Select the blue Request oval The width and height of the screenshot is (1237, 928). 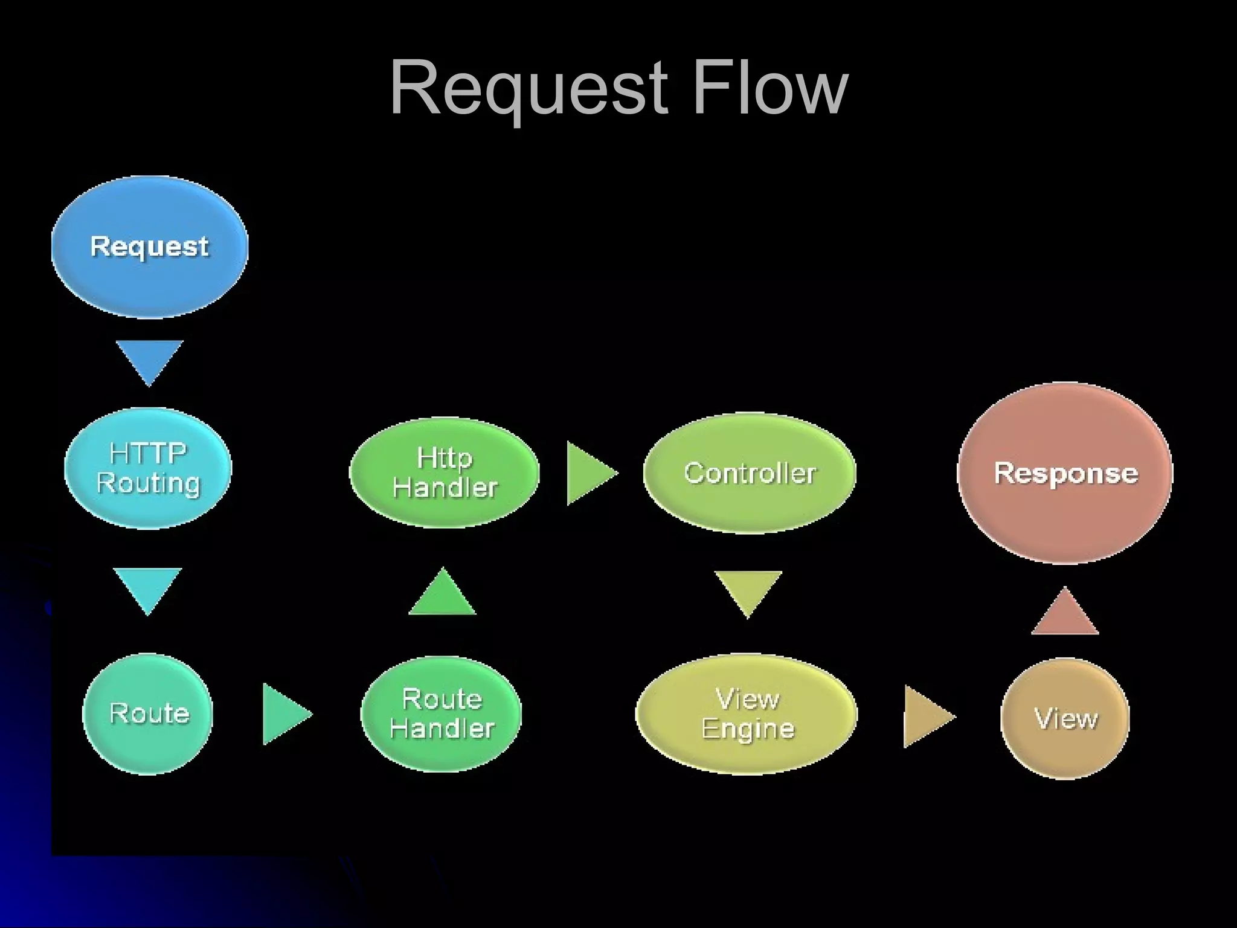[149, 247]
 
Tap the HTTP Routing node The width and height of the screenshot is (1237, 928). [148, 468]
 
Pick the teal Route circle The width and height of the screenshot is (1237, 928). [148, 714]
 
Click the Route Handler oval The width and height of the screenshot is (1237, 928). [442, 714]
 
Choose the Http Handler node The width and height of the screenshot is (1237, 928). [445, 472]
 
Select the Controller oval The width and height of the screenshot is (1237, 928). [750, 473]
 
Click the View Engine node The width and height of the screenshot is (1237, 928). [747, 714]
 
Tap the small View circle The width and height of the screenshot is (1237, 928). [1065, 718]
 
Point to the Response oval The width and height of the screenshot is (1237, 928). [1065, 473]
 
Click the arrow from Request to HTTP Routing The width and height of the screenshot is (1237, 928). [149, 360]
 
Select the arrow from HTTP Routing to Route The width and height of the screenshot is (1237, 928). [147, 588]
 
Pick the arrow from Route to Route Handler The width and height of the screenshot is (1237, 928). [283, 714]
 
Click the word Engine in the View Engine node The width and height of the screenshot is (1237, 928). [748, 729]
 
